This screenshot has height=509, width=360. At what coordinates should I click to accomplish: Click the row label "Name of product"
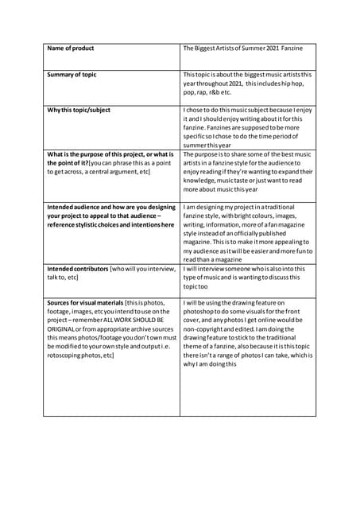coord(71,49)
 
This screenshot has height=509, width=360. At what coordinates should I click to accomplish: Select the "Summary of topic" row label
coord(72,75)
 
